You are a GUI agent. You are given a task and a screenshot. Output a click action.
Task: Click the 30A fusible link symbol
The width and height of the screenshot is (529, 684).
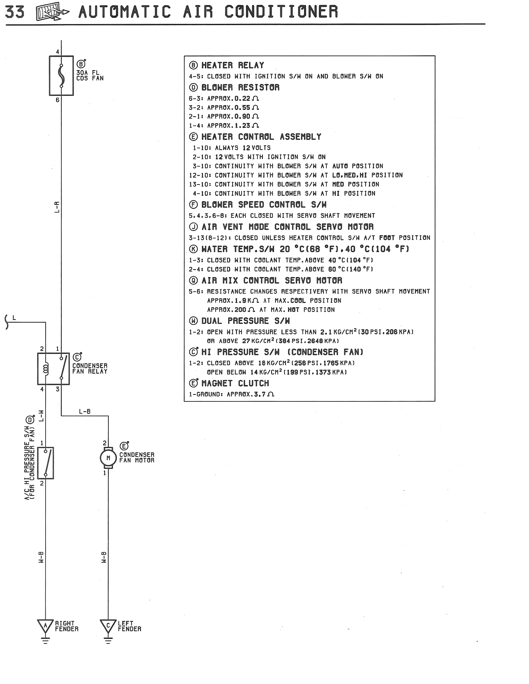click(61, 75)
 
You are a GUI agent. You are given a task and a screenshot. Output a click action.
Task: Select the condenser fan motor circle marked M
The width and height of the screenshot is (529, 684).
click(108, 458)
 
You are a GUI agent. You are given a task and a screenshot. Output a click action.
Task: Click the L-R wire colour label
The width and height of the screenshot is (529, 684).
click(57, 207)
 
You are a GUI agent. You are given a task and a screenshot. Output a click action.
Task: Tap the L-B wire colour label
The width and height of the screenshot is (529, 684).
click(85, 411)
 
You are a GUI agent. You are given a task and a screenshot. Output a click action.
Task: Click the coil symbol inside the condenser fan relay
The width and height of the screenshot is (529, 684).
click(46, 369)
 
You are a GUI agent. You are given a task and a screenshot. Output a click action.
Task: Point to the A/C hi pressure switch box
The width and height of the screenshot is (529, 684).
click(45, 463)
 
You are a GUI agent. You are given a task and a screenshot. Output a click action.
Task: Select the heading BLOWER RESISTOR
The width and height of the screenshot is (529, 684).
click(240, 87)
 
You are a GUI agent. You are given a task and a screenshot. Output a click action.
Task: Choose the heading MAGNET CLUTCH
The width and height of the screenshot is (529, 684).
click(235, 383)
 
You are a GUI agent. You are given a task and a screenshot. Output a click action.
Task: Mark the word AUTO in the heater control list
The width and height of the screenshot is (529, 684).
click(340, 166)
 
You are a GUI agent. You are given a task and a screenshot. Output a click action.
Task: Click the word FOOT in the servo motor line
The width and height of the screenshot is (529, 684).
click(387, 238)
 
